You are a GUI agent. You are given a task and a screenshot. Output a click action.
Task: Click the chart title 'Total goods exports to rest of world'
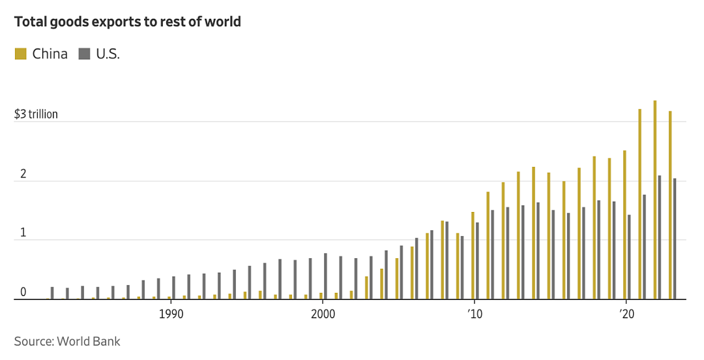pyautogui.click(x=128, y=22)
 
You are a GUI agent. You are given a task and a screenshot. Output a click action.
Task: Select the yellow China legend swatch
pyautogui.click(x=21, y=54)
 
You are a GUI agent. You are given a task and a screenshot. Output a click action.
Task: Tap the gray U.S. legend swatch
pyautogui.click(x=84, y=54)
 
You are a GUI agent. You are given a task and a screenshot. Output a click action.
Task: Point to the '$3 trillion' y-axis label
pyautogui.click(x=36, y=114)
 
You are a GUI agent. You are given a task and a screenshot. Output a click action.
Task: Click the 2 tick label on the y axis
pyautogui.click(x=23, y=174)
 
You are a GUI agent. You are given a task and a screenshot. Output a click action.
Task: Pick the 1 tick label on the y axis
pyautogui.click(x=23, y=233)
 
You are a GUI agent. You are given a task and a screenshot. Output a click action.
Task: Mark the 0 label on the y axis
pyautogui.click(x=23, y=293)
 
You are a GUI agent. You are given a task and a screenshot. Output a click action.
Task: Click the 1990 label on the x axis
pyautogui.click(x=171, y=314)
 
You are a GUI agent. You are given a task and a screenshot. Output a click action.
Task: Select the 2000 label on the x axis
pyautogui.click(x=323, y=314)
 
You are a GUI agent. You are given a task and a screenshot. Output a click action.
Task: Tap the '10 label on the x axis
pyautogui.click(x=474, y=314)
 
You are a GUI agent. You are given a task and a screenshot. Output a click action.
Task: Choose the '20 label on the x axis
pyautogui.click(x=625, y=314)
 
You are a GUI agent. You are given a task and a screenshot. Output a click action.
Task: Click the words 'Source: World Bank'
pyautogui.click(x=67, y=342)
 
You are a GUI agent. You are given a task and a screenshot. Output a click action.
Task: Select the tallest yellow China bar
pyautogui.click(x=655, y=200)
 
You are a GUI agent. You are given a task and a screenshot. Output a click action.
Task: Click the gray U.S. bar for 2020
pyautogui.click(x=629, y=256)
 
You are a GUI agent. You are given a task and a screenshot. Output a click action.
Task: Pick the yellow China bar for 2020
pyautogui.click(x=624, y=225)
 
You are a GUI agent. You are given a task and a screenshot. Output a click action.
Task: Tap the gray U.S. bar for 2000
pyautogui.click(x=325, y=276)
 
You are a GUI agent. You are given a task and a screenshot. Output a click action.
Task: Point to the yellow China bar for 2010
pyautogui.click(x=473, y=255)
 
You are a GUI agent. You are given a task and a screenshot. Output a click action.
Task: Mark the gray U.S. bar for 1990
pyautogui.click(x=174, y=288)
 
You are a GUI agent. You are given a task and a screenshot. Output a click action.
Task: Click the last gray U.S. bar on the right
pyautogui.click(x=675, y=239)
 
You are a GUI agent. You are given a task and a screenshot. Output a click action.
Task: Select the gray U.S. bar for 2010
pyautogui.click(x=477, y=261)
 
